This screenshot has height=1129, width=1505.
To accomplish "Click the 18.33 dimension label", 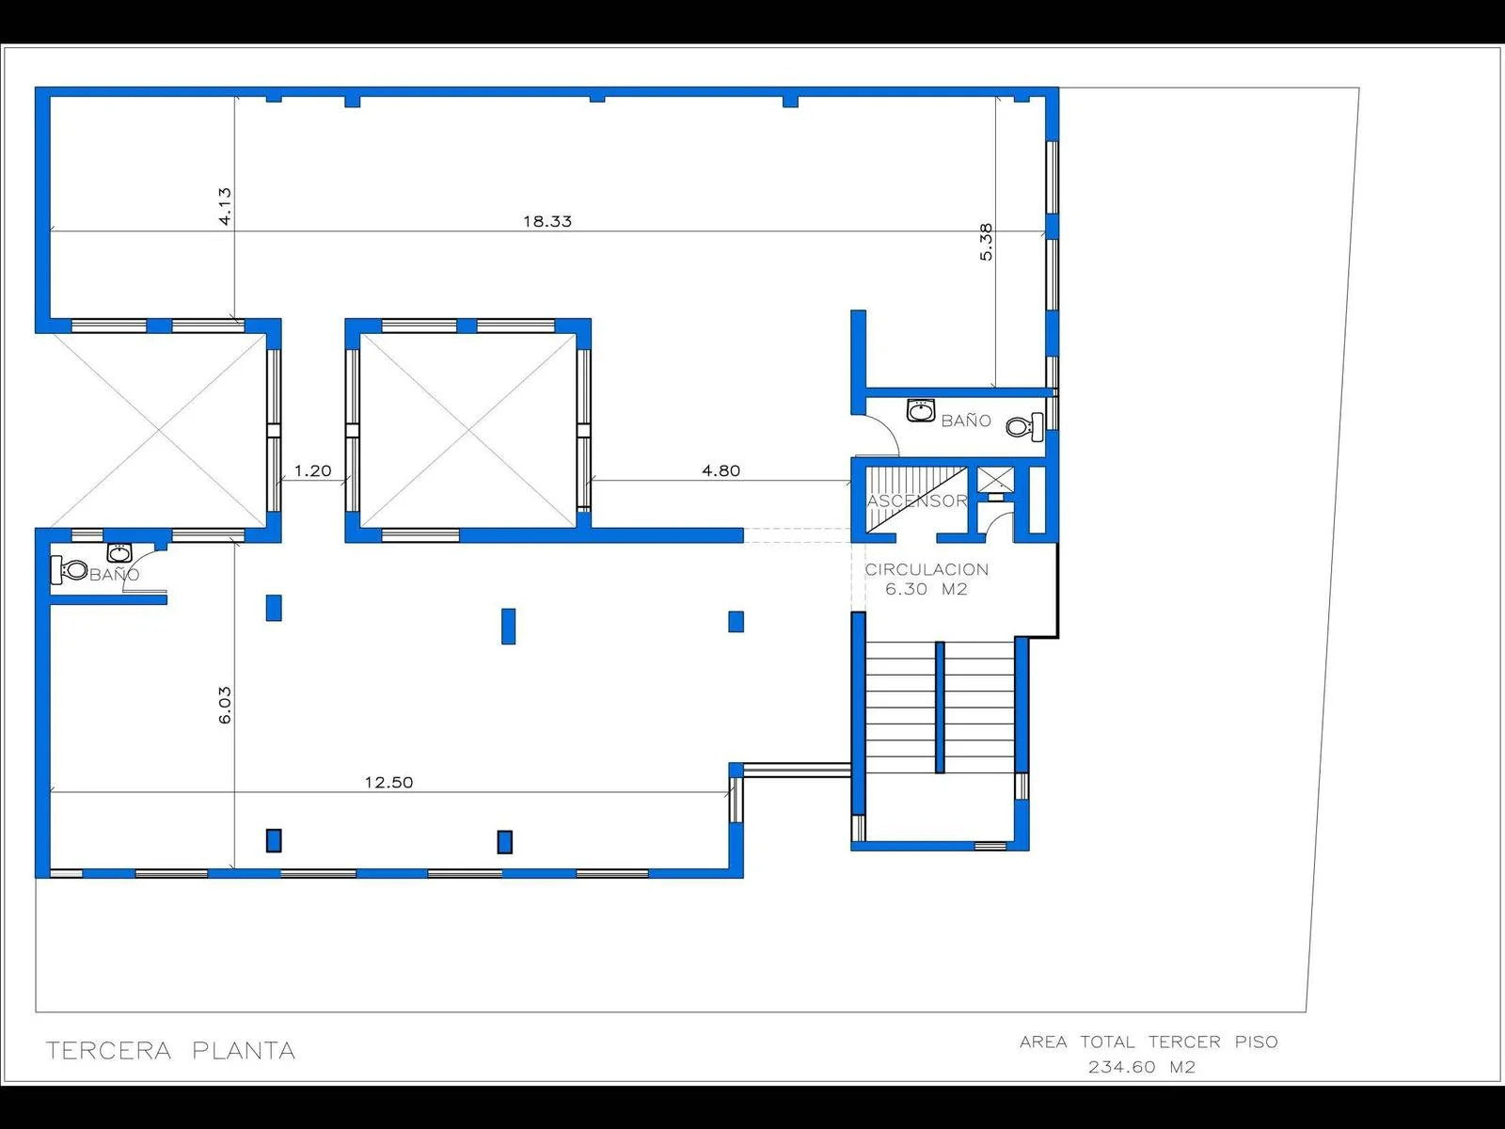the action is [547, 221].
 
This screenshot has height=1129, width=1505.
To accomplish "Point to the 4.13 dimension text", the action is [225, 206].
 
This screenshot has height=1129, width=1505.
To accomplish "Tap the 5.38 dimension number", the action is [986, 242].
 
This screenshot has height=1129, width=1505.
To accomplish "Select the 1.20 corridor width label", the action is [312, 471].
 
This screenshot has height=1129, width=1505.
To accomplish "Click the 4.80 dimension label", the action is [721, 471].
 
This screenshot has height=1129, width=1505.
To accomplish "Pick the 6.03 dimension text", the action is [225, 706].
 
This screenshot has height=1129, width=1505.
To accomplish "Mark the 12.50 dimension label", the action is [388, 782].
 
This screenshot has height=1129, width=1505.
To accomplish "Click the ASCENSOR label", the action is [917, 501].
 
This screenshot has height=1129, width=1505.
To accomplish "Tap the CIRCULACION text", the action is [927, 569].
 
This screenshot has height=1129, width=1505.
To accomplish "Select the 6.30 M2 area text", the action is [927, 590].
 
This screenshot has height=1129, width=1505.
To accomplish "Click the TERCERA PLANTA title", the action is [171, 1050].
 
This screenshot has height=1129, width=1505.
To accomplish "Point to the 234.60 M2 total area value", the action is [1142, 1067].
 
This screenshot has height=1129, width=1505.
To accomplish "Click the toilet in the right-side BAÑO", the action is [1025, 427].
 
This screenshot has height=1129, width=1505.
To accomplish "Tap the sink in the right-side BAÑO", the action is [921, 410].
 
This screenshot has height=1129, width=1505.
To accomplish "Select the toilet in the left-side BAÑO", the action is [69, 569].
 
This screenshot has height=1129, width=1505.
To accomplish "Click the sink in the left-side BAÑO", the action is [119, 552].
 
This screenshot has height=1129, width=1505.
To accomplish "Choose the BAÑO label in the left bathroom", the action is [115, 575].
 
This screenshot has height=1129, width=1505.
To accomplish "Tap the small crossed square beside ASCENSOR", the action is [995, 480].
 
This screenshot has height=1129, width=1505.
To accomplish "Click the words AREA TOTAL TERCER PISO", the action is [1149, 1042].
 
